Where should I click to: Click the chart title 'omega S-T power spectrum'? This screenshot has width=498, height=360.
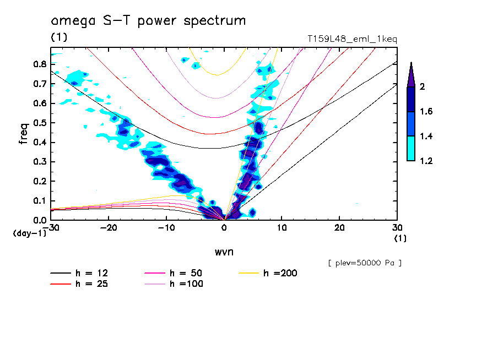(x=148, y=21)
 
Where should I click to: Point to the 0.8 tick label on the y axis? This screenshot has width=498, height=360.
(x=39, y=64)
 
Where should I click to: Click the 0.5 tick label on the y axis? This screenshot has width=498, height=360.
(x=39, y=123)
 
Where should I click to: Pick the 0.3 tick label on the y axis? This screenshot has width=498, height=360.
(x=39, y=162)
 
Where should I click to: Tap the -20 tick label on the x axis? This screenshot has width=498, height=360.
(x=108, y=228)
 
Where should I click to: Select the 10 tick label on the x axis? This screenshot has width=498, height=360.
(x=282, y=228)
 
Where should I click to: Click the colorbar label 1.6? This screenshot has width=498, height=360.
(x=426, y=112)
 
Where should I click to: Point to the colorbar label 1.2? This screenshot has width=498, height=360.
(x=426, y=161)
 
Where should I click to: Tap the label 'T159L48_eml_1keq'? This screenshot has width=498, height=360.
(x=352, y=39)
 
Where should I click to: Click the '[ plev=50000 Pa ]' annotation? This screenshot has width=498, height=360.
(x=365, y=263)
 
